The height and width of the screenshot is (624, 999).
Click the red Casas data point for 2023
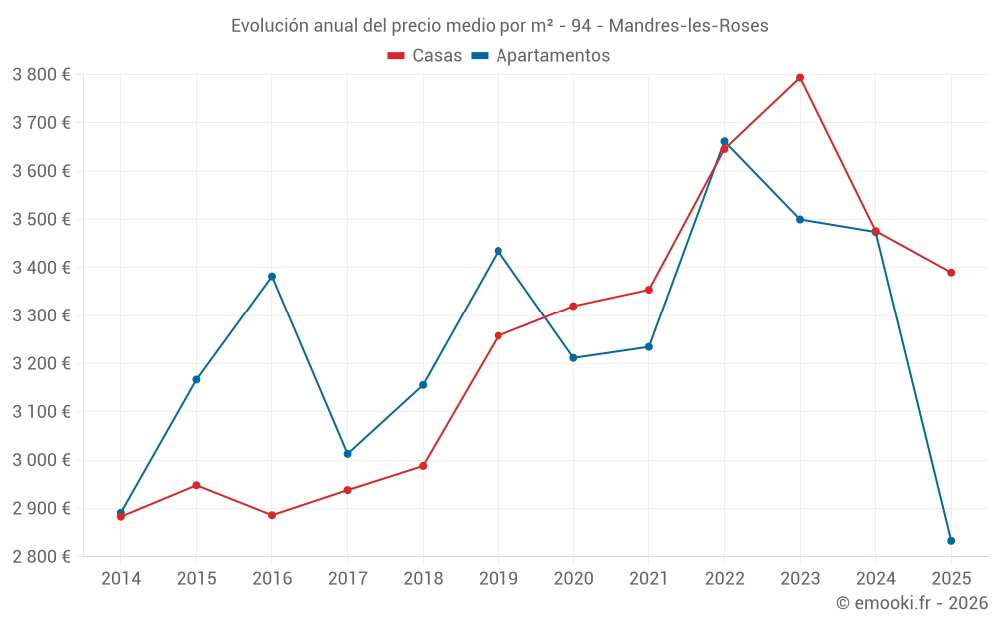(800, 78)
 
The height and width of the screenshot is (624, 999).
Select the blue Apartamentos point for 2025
(951, 541)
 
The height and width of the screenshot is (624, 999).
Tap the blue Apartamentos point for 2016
(272, 277)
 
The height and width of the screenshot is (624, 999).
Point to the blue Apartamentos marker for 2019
(499, 251)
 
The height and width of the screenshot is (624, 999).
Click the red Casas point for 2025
(951, 273)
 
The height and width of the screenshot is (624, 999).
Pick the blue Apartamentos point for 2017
(348, 454)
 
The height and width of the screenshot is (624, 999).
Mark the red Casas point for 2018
(423, 466)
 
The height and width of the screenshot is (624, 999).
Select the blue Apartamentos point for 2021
(649, 347)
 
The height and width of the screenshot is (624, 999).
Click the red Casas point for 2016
(272, 516)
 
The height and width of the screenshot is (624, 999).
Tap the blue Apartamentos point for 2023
(800, 219)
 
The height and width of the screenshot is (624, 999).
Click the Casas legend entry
(425, 56)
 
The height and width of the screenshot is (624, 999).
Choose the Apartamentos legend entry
(540, 56)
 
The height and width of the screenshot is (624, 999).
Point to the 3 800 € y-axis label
(41, 75)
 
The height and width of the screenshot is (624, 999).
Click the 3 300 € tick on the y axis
(41, 315)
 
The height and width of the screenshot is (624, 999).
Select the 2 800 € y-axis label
(41, 557)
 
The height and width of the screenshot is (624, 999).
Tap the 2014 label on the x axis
(121, 579)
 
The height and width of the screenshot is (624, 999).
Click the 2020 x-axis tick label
(573, 579)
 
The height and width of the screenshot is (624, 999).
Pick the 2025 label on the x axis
(951, 579)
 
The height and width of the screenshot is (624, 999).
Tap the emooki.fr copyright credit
(912, 603)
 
